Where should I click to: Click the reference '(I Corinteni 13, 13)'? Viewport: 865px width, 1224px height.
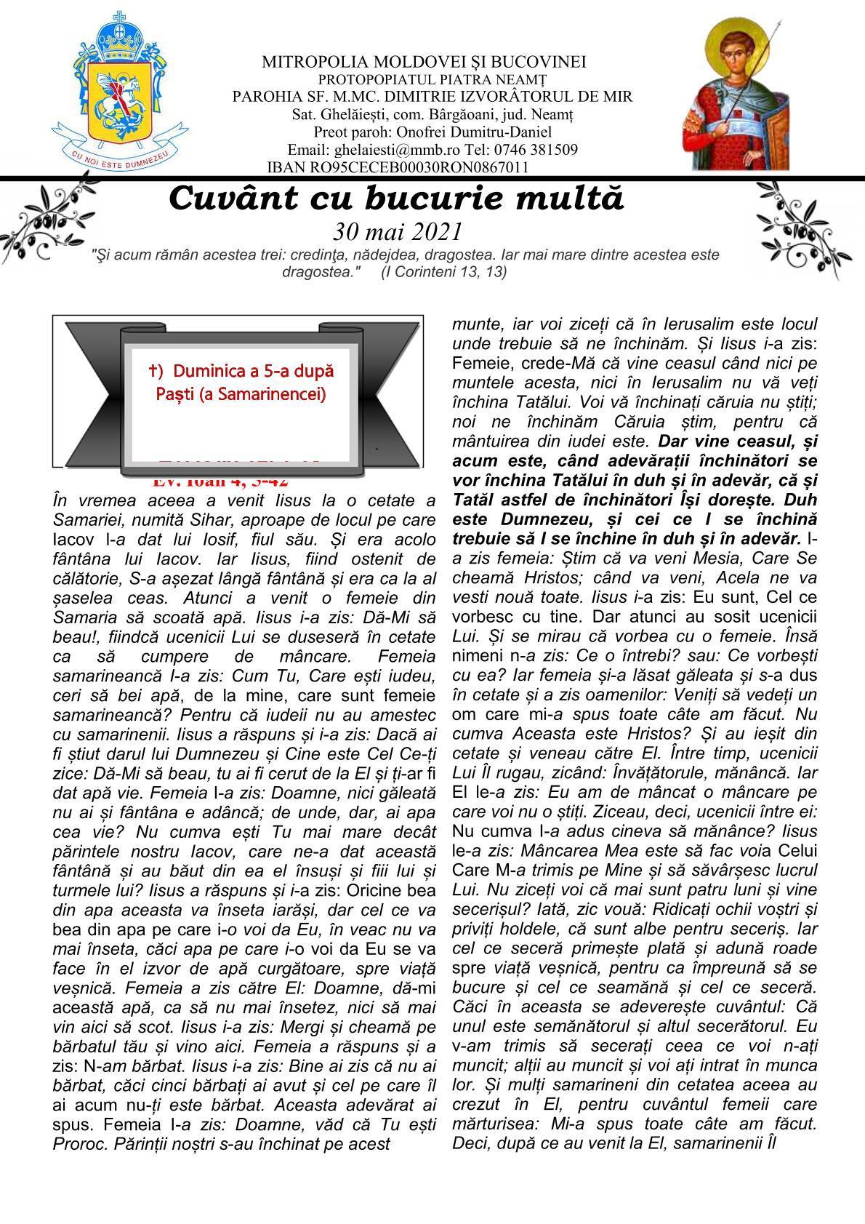coord(443,271)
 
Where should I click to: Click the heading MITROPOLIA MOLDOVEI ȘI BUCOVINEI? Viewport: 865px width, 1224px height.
coord(424,63)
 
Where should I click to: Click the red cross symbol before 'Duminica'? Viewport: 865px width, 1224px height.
coord(153,371)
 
